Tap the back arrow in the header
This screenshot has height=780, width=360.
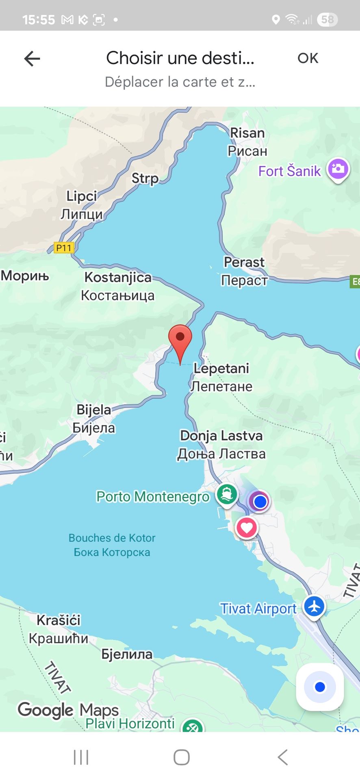click(32, 59)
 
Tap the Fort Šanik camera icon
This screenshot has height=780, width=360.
click(338, 169)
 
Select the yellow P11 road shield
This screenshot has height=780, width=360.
click(64, 247)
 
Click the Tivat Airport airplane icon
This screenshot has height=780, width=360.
click(314, 607)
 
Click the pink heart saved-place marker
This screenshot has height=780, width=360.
click(246, 527)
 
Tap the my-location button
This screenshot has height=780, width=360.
click(320, 687)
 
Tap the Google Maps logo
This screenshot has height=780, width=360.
click(68, 710)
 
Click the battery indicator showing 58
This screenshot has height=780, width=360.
click(327, 19)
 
